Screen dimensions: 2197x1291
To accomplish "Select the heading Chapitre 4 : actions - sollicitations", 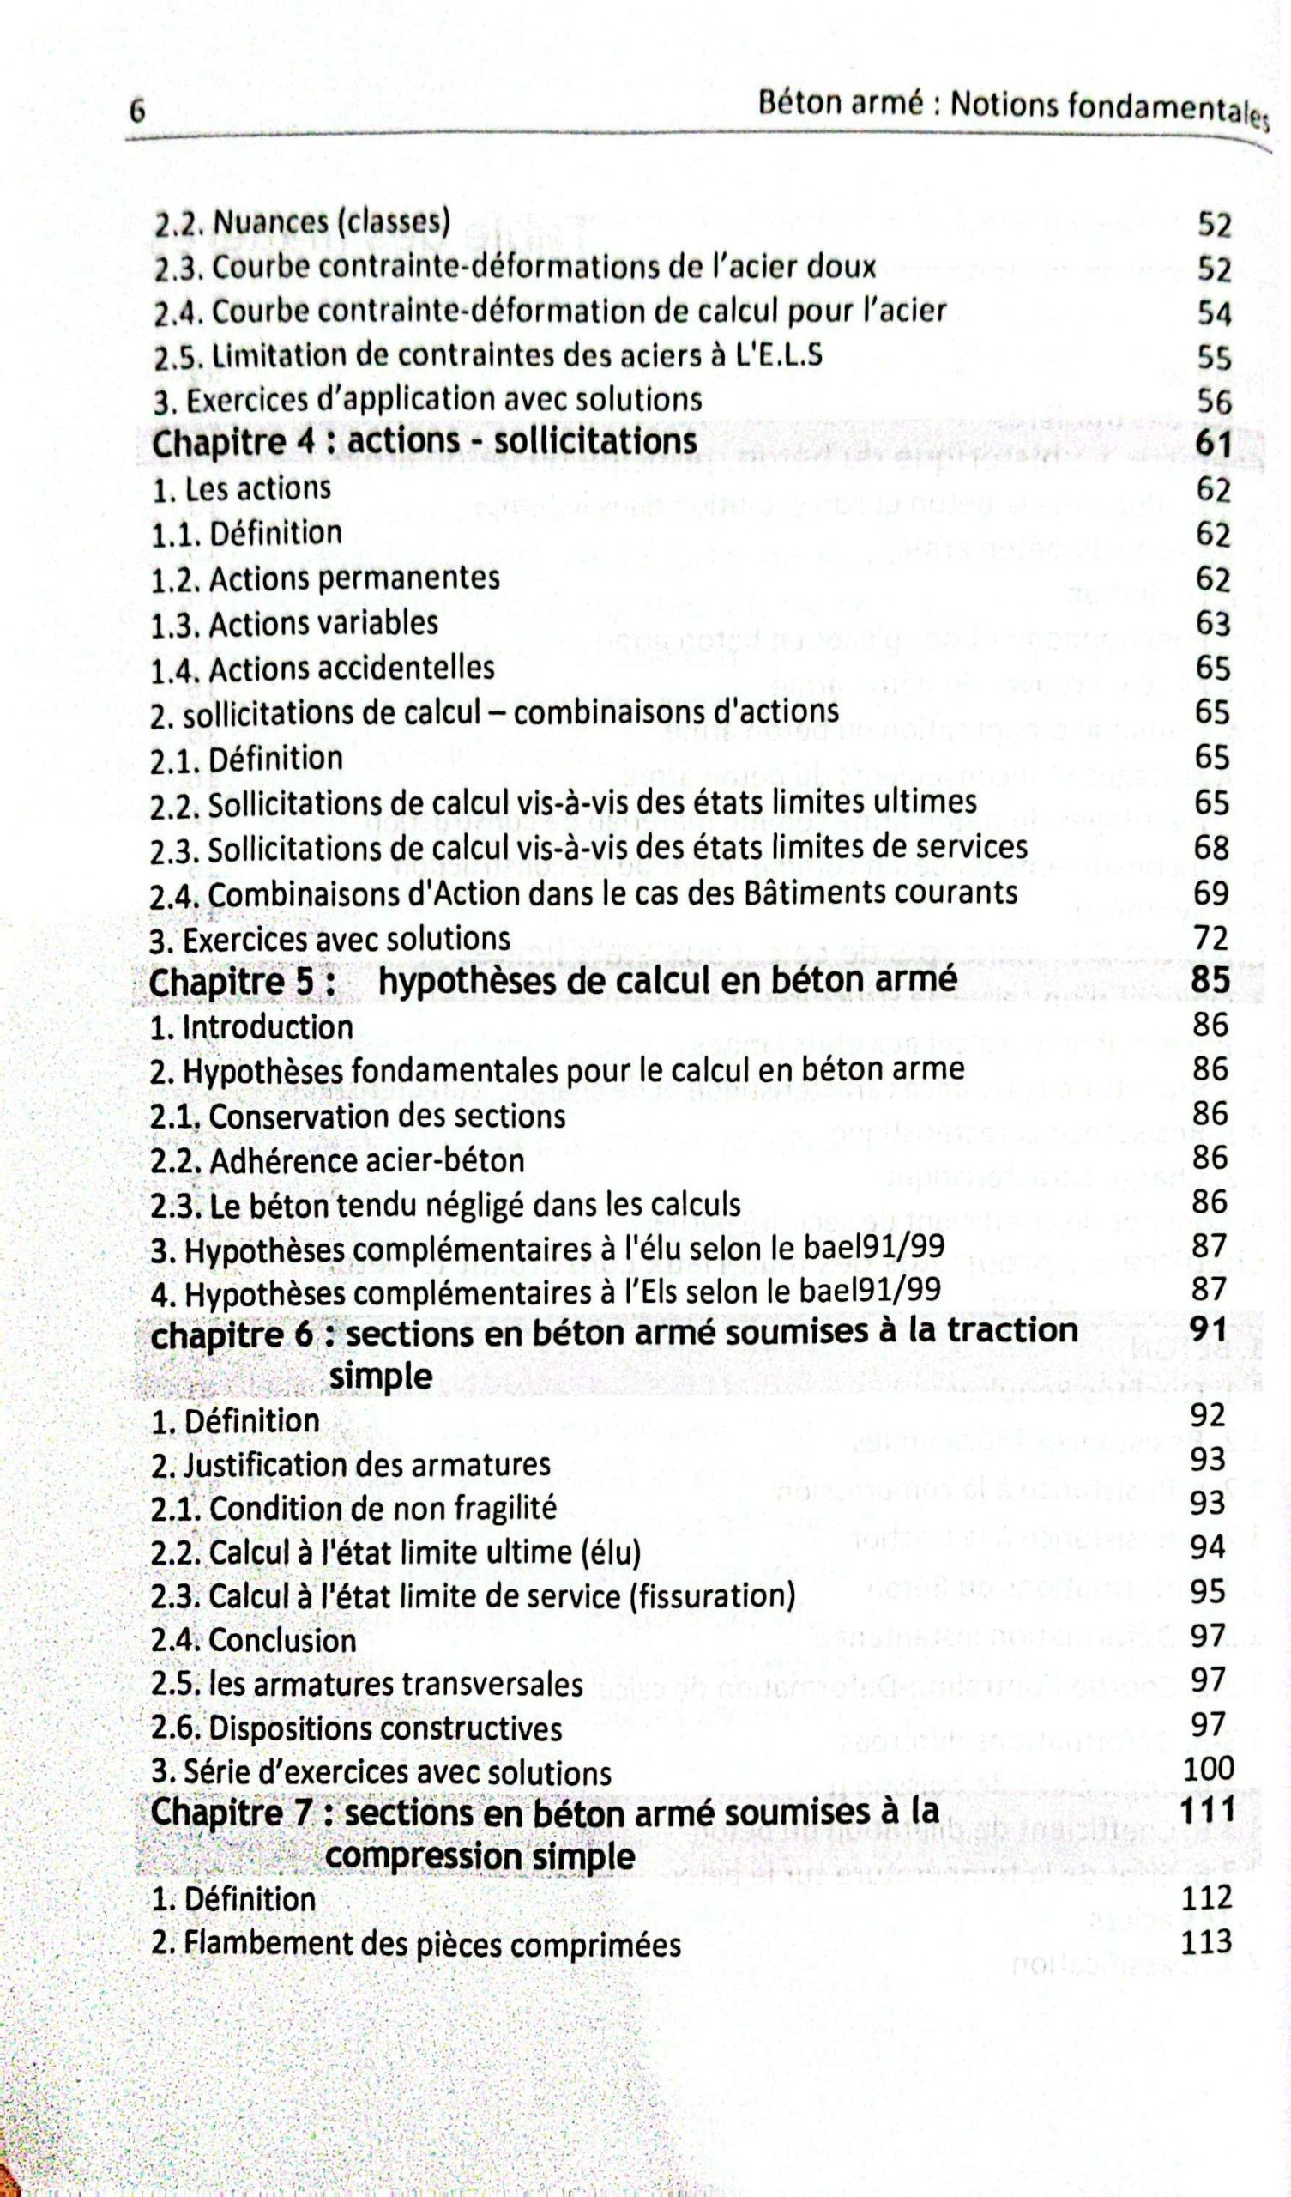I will (x=424, y=442).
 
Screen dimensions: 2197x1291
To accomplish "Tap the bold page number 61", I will (x=1213, y=445).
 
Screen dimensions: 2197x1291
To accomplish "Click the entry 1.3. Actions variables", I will (x=293, y=624).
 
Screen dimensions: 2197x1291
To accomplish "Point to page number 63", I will (x=1213, y=624).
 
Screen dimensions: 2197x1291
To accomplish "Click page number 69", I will (x=1212, y=893).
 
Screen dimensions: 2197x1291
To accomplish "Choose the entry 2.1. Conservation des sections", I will (x=358, y=1116).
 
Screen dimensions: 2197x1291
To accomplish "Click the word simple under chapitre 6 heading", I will (x=381, y=1376).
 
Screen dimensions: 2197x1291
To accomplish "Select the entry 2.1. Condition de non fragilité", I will (x=353, y=1508).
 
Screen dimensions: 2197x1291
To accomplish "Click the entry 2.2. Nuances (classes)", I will (x=302, y=223).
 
